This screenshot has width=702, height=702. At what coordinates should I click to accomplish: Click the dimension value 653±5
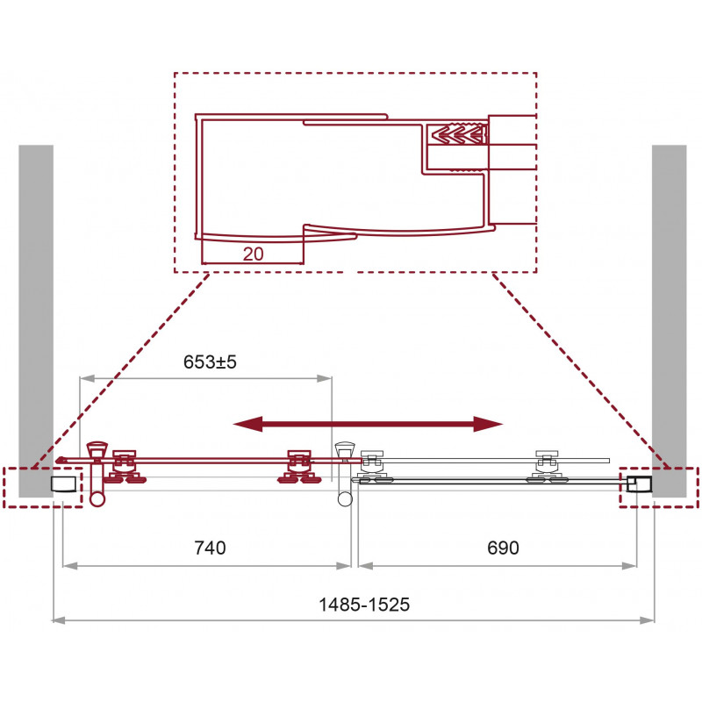tap(210, 362)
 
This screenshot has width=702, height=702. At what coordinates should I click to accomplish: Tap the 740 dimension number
tap(210, 548)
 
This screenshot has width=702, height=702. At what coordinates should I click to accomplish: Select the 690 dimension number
tap(503, 548)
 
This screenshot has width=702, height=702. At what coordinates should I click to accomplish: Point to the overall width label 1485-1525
tap(364, 605)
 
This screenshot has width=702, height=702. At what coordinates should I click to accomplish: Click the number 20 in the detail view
tap(253, 254)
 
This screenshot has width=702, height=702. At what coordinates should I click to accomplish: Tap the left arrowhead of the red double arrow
tap(247, 424)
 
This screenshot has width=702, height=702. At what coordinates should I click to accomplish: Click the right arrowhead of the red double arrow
tap(489, 424)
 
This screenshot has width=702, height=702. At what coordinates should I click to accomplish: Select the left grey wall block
tap(36, 320)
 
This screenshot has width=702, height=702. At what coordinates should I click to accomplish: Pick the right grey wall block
tap(669, 320)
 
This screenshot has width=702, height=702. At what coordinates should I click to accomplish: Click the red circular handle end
tap(97, 498)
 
